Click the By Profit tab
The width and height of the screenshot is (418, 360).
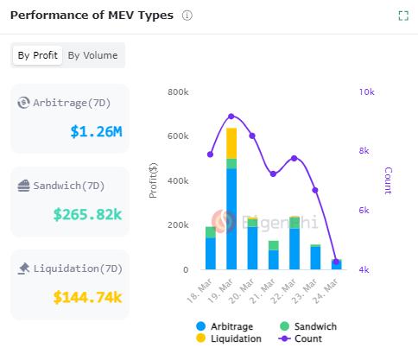[38, 55]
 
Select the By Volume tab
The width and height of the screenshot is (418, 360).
[92, 55]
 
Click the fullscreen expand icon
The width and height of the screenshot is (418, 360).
[402, 16]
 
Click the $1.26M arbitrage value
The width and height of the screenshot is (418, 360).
[96, 132]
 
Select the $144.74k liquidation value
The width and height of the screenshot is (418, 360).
[87, 297]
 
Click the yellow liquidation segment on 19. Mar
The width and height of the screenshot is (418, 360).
[231, 142]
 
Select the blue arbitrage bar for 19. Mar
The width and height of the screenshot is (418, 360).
[231, 219]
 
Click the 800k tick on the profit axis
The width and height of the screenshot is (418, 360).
[179, 92]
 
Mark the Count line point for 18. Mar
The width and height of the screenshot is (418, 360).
[210, 155]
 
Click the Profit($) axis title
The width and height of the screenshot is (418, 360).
[153, 180]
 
